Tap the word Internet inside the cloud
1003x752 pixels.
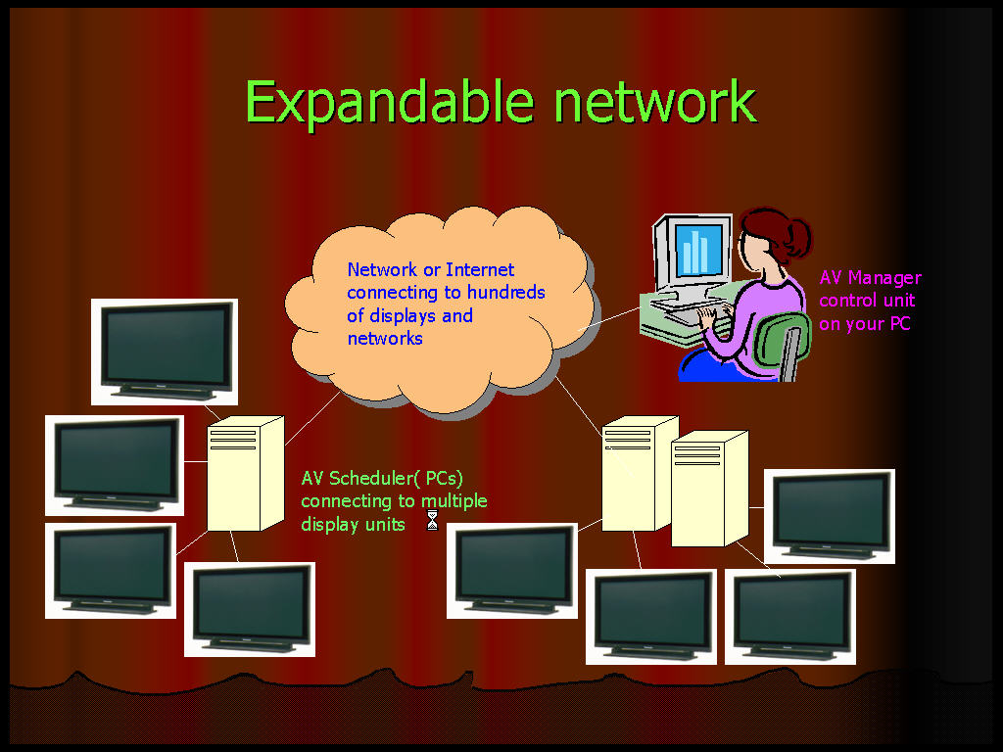tap(480, 269)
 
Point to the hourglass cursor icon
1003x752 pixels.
tap(432, 521)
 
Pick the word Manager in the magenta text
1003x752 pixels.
tap(884, 277)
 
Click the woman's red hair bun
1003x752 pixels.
tap(794, 236)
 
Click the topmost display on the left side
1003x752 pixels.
tap(164, 351)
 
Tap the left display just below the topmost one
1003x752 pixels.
tap(115, 465)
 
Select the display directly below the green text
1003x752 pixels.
tap(511, 571)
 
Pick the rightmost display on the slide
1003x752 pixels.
tap(830, 516)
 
